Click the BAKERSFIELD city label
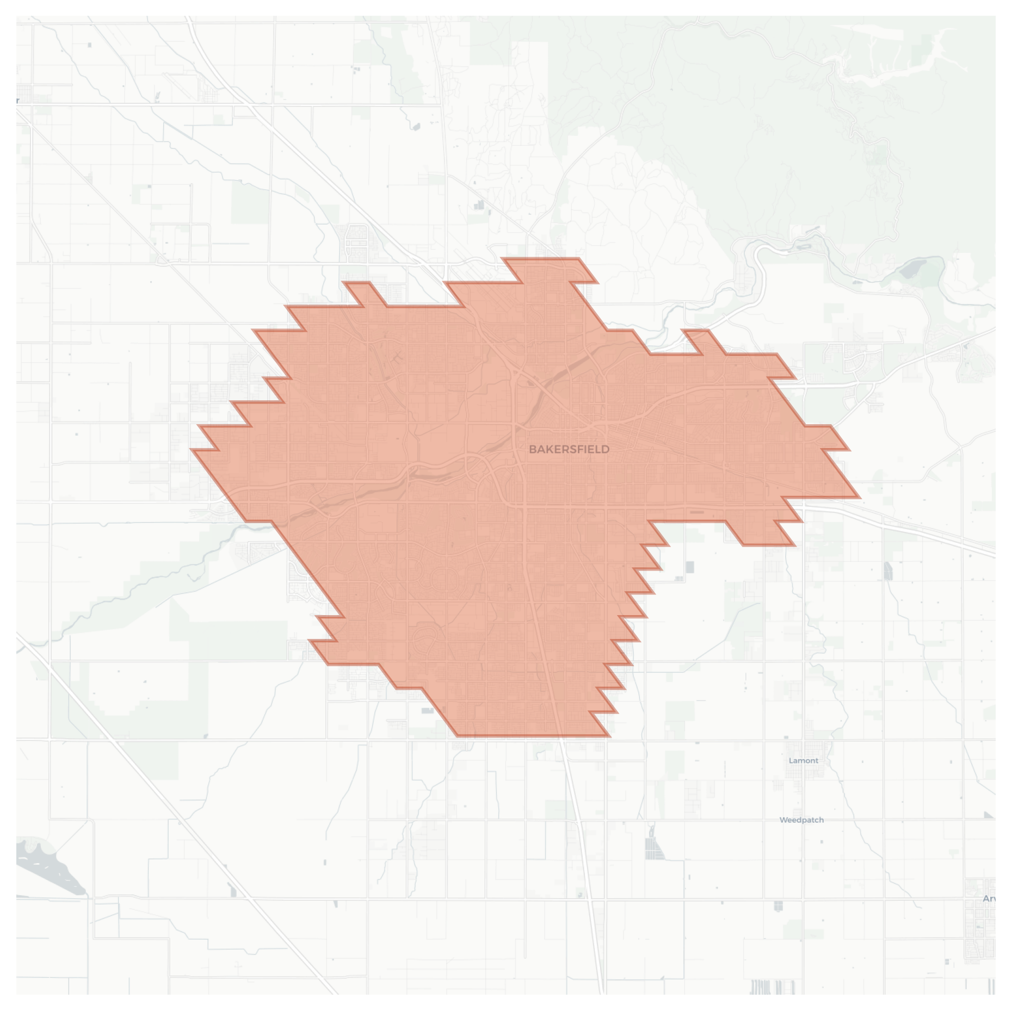click(569, 449)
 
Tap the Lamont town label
click(803, 760)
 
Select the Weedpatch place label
click(801, 820)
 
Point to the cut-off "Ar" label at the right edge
click(988, 898)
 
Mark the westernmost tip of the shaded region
click(192, 450)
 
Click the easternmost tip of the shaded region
click(859, 497)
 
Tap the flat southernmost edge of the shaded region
click(533, 736)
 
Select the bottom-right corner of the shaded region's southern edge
click(609, 736)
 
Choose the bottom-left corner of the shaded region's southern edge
click(458, 736)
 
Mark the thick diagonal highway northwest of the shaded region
click(305, 158)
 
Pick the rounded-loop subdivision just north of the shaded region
click(357, 245)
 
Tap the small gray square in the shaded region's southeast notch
click(690, 567)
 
